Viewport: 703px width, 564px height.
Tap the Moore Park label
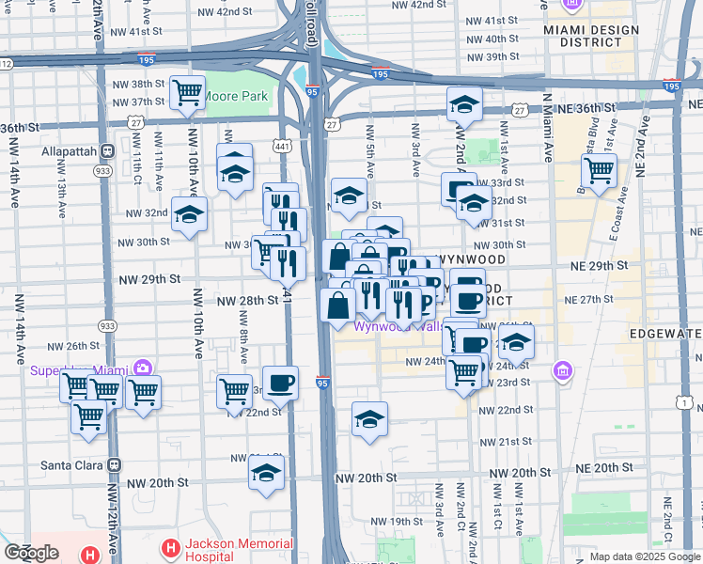tap(237, 96)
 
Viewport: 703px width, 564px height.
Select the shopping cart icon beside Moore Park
tap(188, 92)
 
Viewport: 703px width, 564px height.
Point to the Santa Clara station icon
tap(115, 464)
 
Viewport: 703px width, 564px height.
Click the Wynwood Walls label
tap(395, 327)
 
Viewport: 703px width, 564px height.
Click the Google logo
tap(31, 553)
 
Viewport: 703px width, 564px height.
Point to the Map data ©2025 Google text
tap(645, 556)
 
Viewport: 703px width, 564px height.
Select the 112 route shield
tap(5, 64)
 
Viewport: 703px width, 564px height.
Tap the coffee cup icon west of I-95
tap(280, 383)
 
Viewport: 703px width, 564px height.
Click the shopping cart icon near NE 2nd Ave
tap(598, 171)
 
